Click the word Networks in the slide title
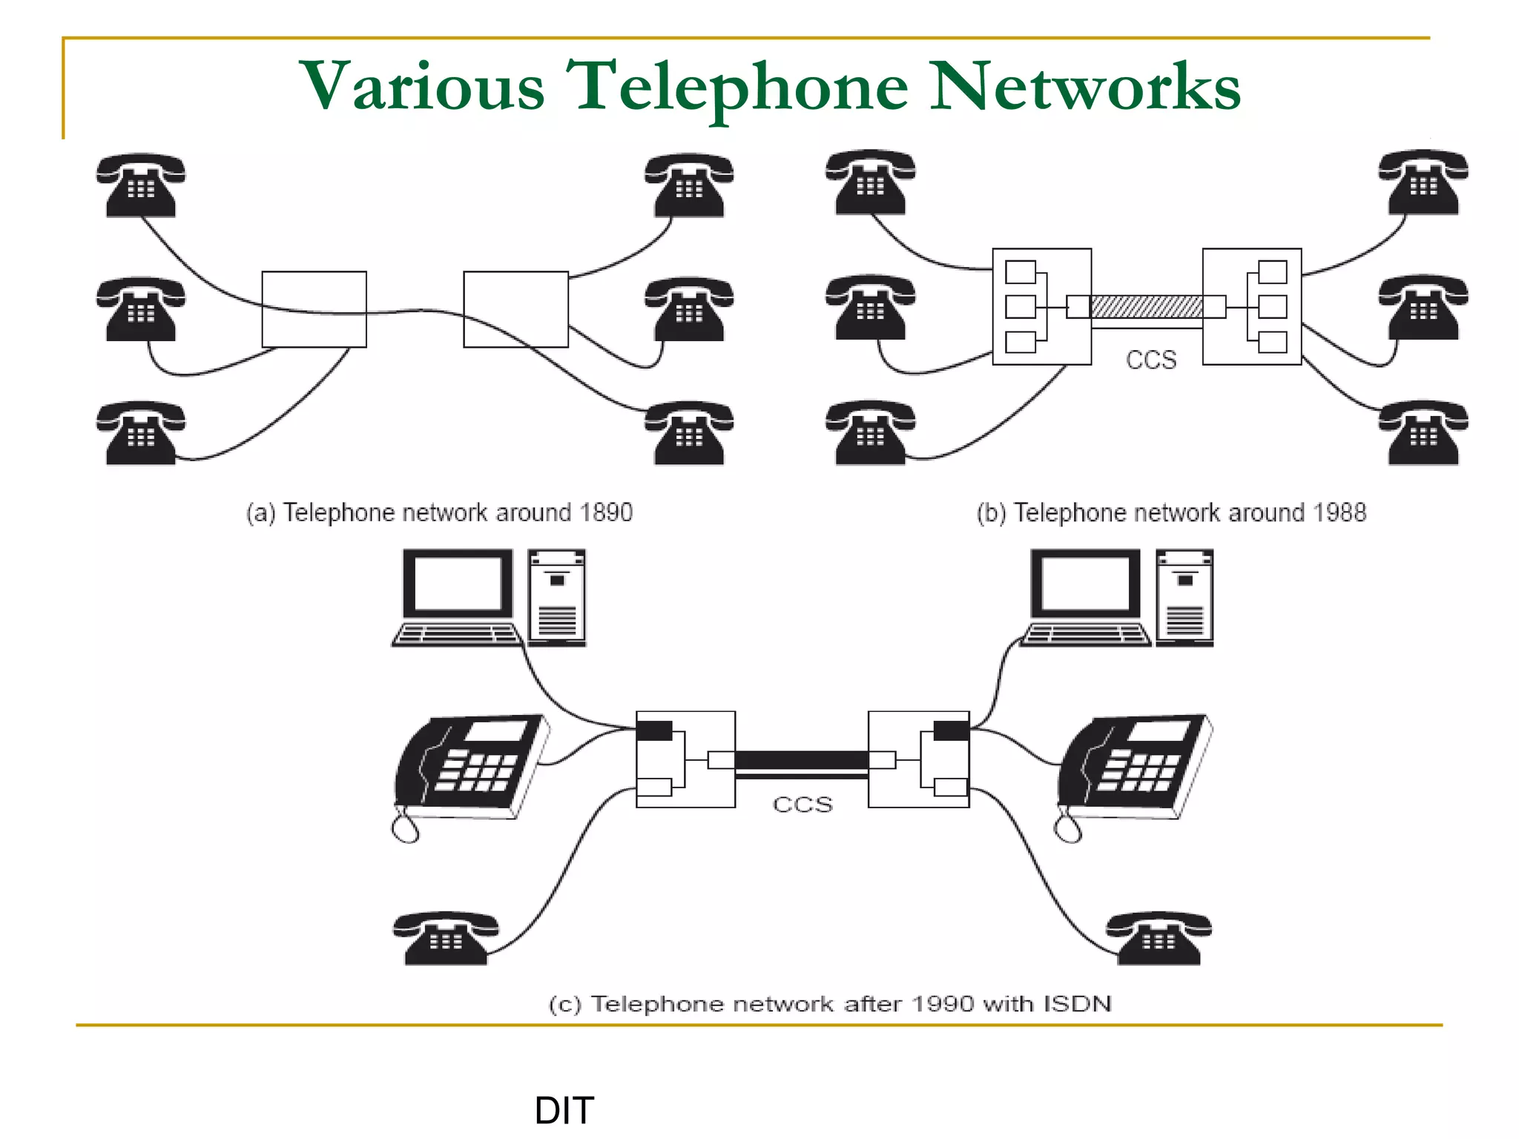[1084, 87]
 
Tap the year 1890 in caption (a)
[606, 512]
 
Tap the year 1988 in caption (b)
[1339, 512]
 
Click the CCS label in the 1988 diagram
[1150, 360]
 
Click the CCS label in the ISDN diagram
[803, 804]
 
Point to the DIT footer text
[564, 1110]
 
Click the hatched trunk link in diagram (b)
[1146, 306]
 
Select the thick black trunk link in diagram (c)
[801, 760]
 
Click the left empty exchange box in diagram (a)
[314, 308]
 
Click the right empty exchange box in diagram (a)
[515, 308]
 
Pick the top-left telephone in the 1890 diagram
[140, 185]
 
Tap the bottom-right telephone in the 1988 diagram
[1423, 433]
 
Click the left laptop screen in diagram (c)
[457, 584]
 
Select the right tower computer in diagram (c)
[1184, 598]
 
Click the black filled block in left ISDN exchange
[654, 730]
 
